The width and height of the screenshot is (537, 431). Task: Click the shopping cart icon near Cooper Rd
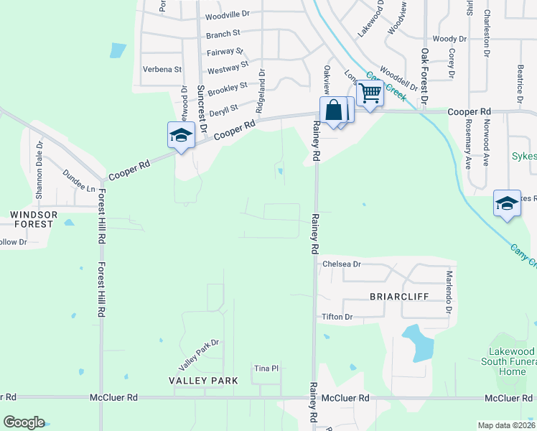point(370,93)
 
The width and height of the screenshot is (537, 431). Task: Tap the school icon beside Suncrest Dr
point(181,134)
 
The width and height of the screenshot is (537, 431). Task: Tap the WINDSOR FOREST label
point(31,219)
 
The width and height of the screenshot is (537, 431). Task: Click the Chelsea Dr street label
point(341,264)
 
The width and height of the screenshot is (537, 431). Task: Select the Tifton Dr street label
point(337,317)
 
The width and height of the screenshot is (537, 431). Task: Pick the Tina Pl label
point(266,369)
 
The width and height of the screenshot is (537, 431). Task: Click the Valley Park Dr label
point(198,348)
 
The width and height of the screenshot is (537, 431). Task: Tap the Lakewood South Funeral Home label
point(508,361)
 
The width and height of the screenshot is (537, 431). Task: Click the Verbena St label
point(162,70)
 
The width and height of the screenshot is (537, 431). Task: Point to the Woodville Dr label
point(227,14)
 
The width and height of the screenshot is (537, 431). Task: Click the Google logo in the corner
point(24,422)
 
